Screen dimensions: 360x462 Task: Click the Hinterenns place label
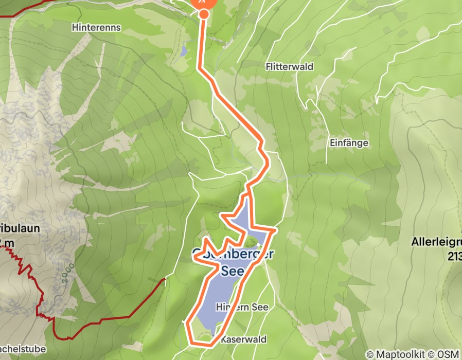point(97,27)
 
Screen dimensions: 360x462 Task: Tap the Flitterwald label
point(290,67)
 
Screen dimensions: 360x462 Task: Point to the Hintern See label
point(242,307)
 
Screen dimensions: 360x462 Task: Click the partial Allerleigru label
point(436,241)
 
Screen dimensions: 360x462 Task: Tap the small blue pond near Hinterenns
point(184,51)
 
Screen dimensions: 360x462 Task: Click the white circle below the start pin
point(204,14)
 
